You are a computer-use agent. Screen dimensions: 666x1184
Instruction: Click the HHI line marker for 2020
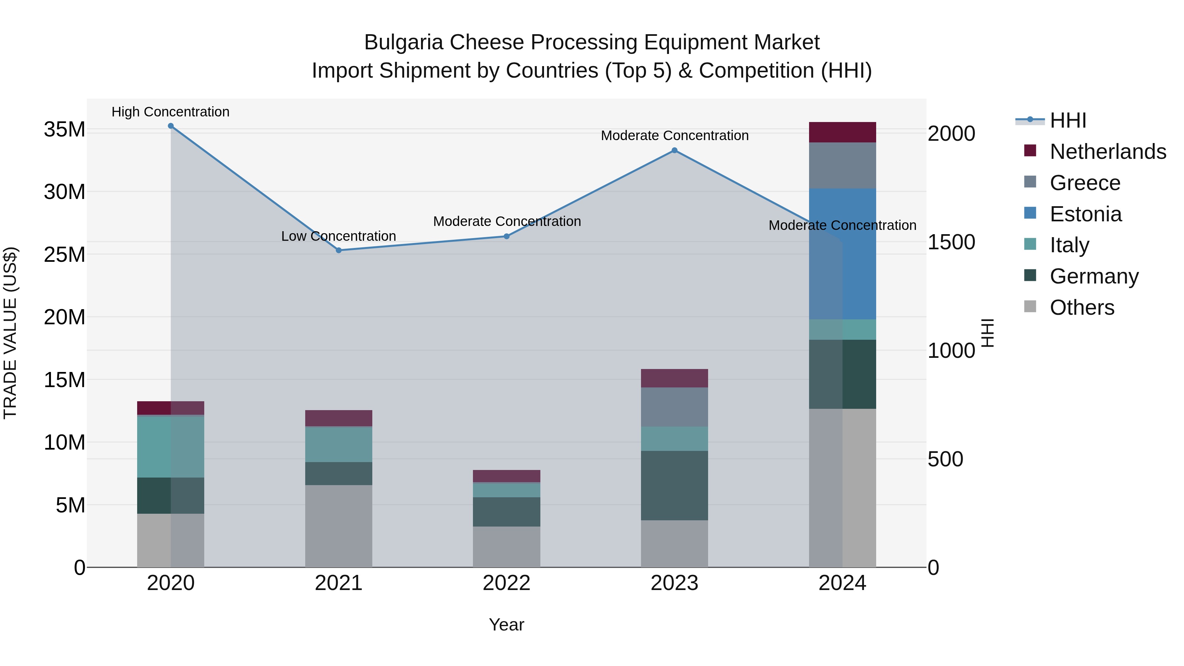point(170,126)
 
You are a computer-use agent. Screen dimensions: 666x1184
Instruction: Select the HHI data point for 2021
point(339,251)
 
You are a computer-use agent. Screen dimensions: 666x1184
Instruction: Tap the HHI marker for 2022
point(506,236)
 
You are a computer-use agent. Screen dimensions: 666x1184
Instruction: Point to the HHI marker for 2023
point(674,150)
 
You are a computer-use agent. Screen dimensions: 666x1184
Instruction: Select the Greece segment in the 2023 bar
point(674,407)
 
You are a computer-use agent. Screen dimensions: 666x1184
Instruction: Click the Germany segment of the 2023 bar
point(674,485)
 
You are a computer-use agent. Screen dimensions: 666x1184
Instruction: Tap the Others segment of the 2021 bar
point(339,526)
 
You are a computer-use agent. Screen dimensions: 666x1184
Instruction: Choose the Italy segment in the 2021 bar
point(339,444)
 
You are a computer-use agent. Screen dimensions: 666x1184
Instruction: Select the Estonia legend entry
point(1086,214)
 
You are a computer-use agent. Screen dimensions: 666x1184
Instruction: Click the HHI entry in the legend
point(1068,120)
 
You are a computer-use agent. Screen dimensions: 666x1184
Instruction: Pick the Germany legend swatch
point(1030,276)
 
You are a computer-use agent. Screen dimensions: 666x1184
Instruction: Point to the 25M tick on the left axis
point(64,255)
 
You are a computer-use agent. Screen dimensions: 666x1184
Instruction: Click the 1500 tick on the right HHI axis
point(951,242)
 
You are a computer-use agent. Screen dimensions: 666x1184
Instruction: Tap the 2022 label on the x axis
point(506,583)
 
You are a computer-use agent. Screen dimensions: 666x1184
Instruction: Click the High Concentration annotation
point(170,112)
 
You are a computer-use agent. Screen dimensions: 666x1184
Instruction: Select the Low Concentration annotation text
point(339,236)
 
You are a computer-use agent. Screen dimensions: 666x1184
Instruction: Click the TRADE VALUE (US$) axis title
point(11,333)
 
